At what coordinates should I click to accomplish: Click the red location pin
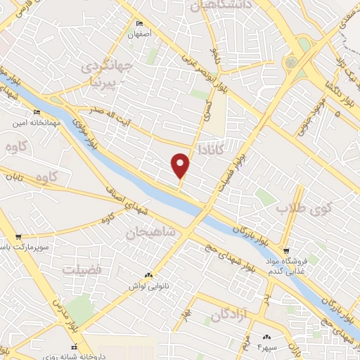(181, 165)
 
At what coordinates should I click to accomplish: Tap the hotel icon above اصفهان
(139, 23)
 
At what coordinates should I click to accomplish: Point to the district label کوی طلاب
(303, 209)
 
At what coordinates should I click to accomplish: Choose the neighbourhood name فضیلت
(82, 269)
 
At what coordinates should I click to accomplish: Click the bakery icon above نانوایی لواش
(148, 275)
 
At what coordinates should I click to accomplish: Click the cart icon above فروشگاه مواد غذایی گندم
(285, 250)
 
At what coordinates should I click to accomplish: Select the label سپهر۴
(269, 347)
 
